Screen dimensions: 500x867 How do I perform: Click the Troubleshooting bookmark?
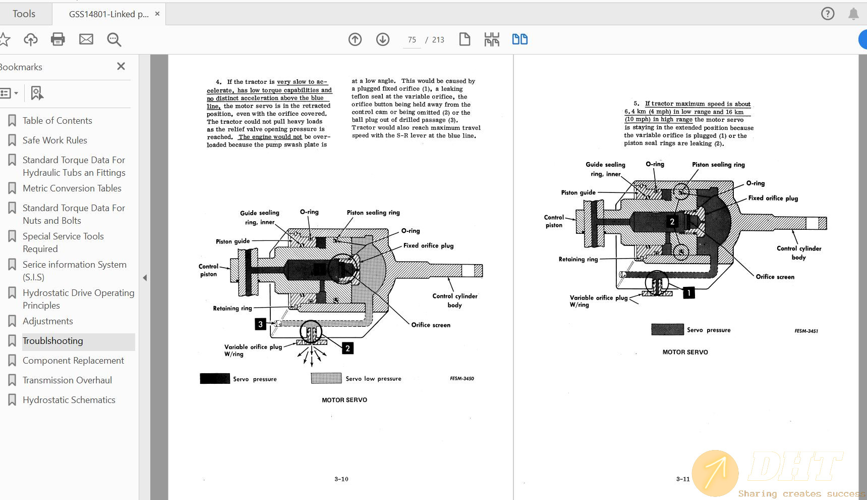point(53,341)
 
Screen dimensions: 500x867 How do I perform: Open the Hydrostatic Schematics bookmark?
point(69,400)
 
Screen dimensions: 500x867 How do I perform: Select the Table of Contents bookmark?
point(57,121)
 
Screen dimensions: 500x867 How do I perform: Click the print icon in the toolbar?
point(58,39)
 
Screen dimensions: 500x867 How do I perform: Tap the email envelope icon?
point(86,39)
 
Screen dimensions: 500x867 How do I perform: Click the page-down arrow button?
point(383,39)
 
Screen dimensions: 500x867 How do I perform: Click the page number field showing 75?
point(412,40)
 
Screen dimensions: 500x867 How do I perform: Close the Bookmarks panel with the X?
point(121,66)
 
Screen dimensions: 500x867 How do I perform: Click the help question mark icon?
point(828,14)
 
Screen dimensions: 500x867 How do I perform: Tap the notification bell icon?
point(853,14)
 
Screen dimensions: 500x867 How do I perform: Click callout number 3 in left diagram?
point(260,324)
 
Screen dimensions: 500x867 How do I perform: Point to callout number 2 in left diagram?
point(348,348)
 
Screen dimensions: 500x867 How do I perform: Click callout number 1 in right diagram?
point(688,292)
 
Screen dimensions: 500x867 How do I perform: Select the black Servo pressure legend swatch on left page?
point(215,379)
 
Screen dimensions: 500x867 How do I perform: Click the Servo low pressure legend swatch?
point(326,378)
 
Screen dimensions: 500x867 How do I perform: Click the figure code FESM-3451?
point(806,331)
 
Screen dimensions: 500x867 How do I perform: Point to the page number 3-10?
point(341,479)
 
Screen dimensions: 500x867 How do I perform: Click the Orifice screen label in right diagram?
point(775,277)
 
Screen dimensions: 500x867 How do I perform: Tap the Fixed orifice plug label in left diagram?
point(428,246)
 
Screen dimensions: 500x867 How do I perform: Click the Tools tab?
point(24,14)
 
